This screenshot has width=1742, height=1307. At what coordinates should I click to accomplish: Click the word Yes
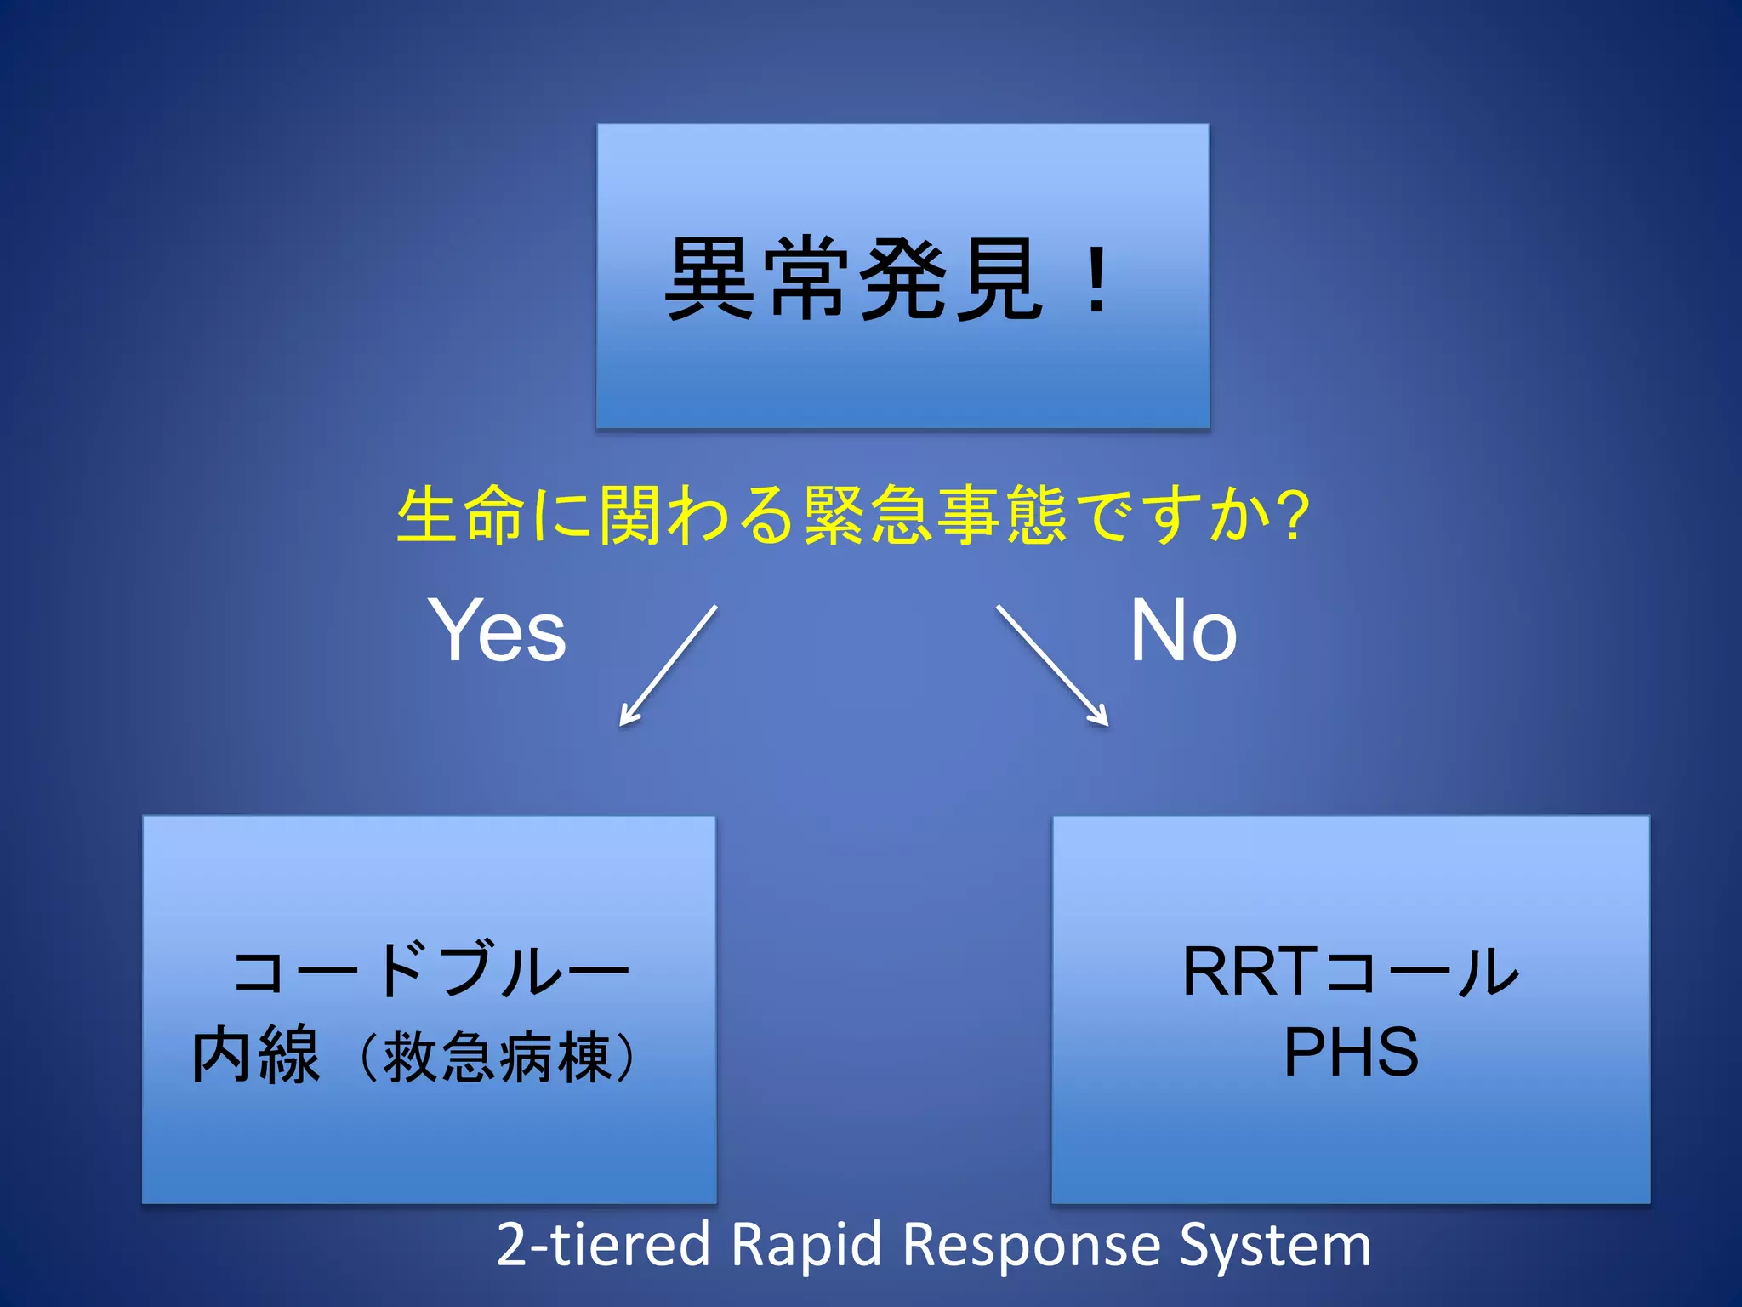pyautogui.click(x=497, y=631)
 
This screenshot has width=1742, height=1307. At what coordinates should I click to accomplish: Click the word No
pyautogui.click(x=1182, y=631)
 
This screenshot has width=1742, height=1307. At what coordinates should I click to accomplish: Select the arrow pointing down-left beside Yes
pyautogui.click(x=669, y=665)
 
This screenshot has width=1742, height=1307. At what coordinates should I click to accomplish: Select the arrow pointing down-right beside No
pyautogui.click(x=1052, y=665)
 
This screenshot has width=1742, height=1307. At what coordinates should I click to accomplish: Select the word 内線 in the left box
pyautogui.click(x=255, y=1055)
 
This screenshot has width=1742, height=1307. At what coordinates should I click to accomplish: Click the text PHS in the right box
pyautogui.click(x=1351, y=1052)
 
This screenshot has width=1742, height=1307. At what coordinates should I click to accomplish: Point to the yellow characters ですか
pyautogui.click(x=1174, y=516)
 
